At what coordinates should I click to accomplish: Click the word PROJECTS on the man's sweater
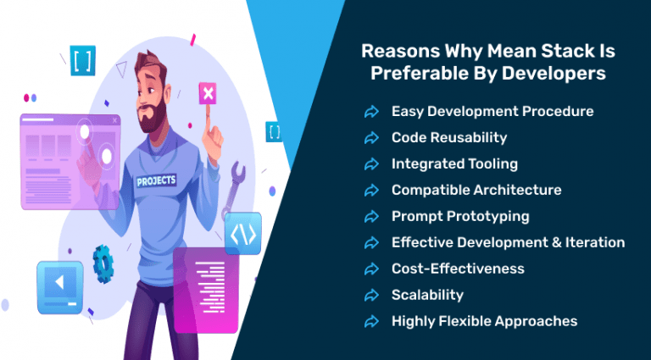click(157, 180)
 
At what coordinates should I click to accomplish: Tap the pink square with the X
click(207, 94)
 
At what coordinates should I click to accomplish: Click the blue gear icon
click(103, 263)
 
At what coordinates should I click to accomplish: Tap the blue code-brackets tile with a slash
click(243, 233)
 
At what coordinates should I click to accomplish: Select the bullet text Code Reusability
click(448, 137)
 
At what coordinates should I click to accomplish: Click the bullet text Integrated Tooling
click(454, 163)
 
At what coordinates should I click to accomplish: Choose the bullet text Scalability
click(427, 295)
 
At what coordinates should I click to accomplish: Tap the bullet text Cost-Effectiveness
click(458, 269)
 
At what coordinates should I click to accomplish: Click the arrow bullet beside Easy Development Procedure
click(371, 112)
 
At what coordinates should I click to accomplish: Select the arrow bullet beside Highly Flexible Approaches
click(371, 322)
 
